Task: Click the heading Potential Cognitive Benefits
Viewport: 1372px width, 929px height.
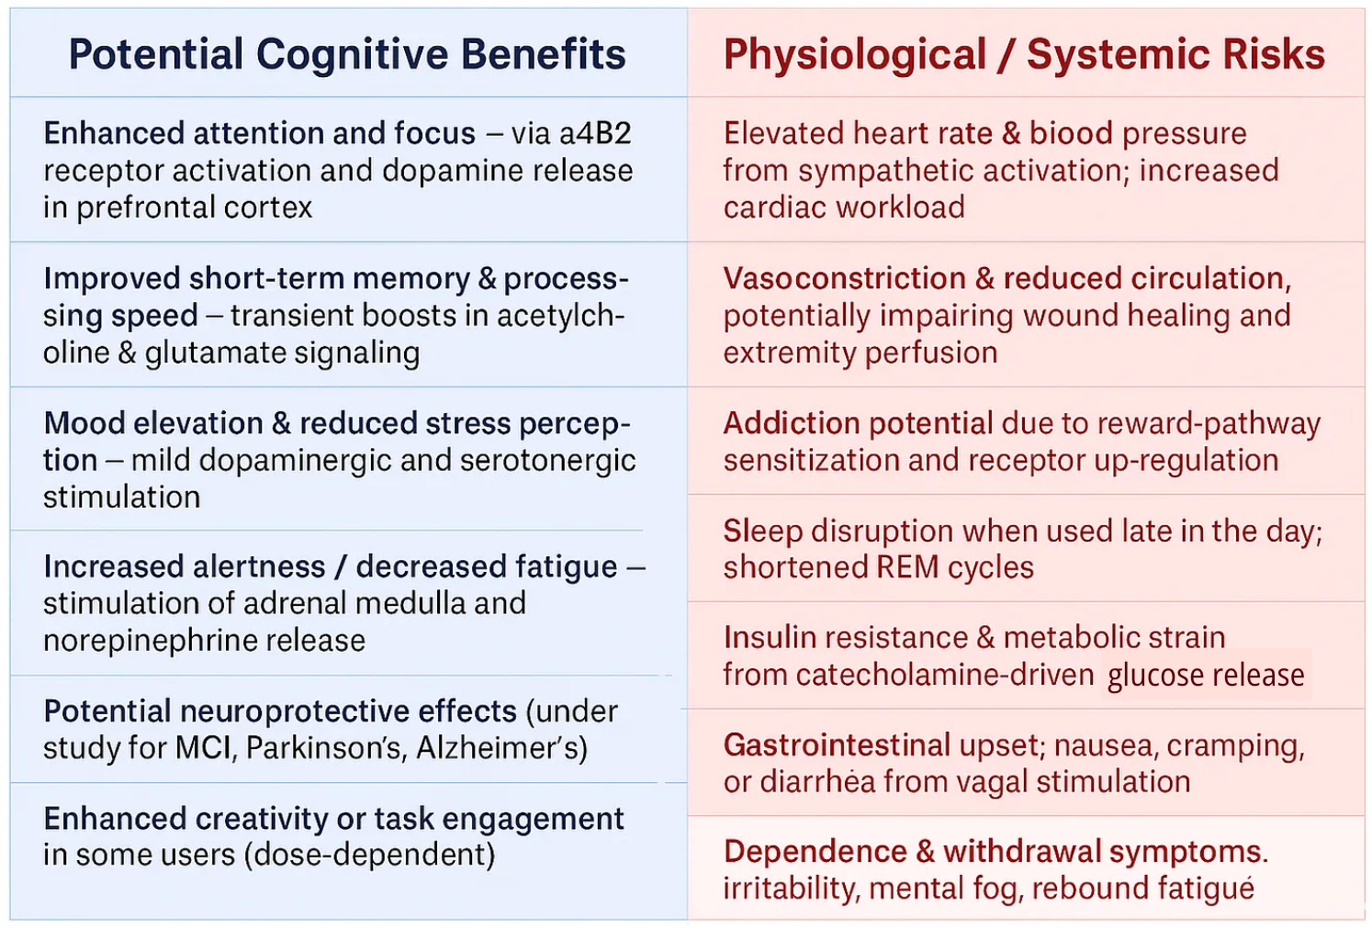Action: click(x=347, y=54)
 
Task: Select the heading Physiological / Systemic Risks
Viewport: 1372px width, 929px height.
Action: click(x=1024, y=54)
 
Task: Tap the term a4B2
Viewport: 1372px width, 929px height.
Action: click(x=595, y=134)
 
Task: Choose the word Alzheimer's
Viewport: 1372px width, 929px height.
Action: click(x=501, y=748)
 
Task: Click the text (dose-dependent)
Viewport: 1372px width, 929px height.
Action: click(x=369, y=856)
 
